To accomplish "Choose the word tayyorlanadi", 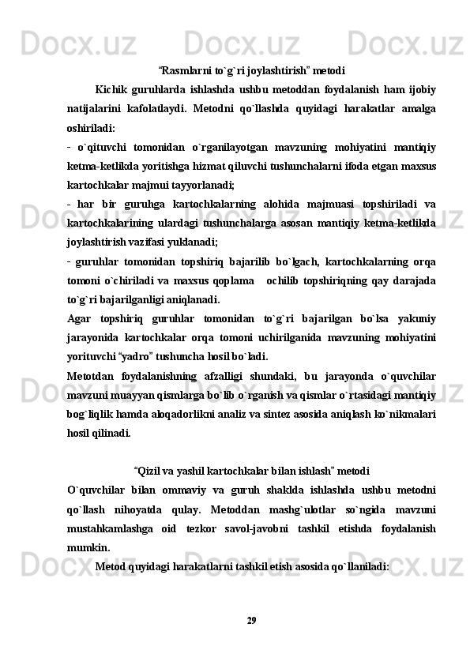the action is (x=204, y=185).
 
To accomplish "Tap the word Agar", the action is (x=80, y=317).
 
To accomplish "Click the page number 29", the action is (x=251, y=619).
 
